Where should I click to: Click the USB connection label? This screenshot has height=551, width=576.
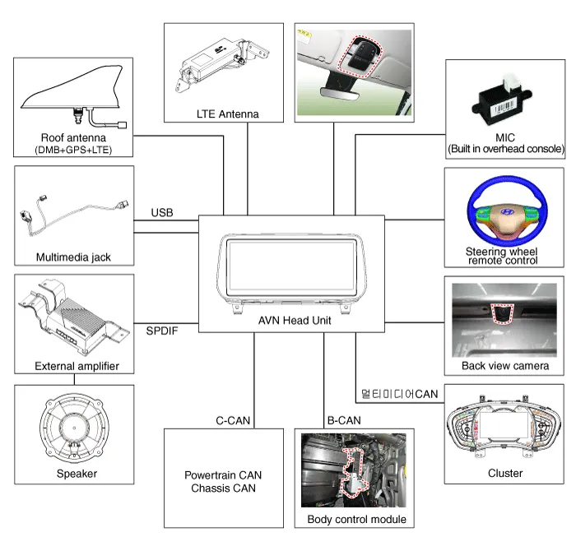click(x=162, y=213)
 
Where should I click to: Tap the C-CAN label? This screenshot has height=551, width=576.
click(x=232, y=420)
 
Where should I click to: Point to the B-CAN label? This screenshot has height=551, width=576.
click(x=343, y=420)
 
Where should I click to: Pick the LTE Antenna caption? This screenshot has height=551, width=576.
click(x=228, y=113)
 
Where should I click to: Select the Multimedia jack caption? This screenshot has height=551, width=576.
click(x=73, y=257)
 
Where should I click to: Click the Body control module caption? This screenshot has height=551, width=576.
click(x=356, y=519)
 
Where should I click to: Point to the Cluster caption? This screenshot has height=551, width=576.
click(x=504, y=473)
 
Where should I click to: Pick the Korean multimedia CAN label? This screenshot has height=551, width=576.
click(x=399, y=394)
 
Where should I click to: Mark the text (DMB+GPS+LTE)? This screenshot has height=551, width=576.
click(x=73, y=150)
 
